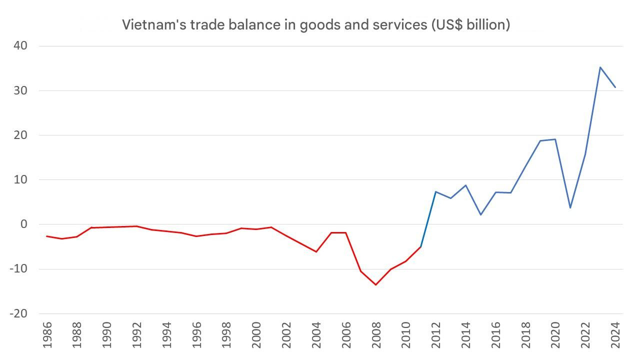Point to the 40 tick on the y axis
[20, 46]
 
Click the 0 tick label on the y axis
[24, 224]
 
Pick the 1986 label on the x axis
[46, 334]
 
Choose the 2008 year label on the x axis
[376, 334]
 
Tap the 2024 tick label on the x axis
[615, 334]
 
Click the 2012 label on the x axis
[436, 334]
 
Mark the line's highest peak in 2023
[600, 67]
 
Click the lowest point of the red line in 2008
[375, 285]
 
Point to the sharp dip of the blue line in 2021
[570, 208]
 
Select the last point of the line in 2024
[615, 87]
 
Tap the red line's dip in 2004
[316, 251]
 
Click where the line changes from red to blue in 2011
[421, 246]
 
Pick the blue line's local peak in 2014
[465, 185]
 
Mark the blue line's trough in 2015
[480, 215]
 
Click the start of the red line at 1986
[46, 236]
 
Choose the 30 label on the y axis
[20, 90]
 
